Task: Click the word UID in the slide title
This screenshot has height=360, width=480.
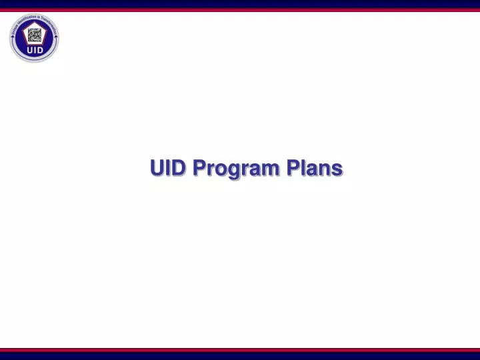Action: (x=167, y=168)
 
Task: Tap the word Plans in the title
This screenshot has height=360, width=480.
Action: (x=315, y=168)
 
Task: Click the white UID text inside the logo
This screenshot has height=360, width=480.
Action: (x=34, y=50)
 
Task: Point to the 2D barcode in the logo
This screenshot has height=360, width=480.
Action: (x=34, y=35)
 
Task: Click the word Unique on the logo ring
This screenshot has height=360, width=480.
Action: (x=13, y=29)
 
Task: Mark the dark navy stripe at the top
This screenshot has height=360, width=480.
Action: (x=240, y=3)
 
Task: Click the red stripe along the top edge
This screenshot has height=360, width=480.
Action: (x=240, y=9)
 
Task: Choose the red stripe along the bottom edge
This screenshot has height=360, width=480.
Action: (x=240, y=349)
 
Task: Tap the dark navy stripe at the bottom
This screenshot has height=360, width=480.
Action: (x=240, y=355)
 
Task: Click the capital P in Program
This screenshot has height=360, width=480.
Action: (x=199, y=168)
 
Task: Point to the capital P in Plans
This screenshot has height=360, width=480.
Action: (x=293, y=168)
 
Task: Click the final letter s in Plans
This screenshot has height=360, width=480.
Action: (x=338, y=169)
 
